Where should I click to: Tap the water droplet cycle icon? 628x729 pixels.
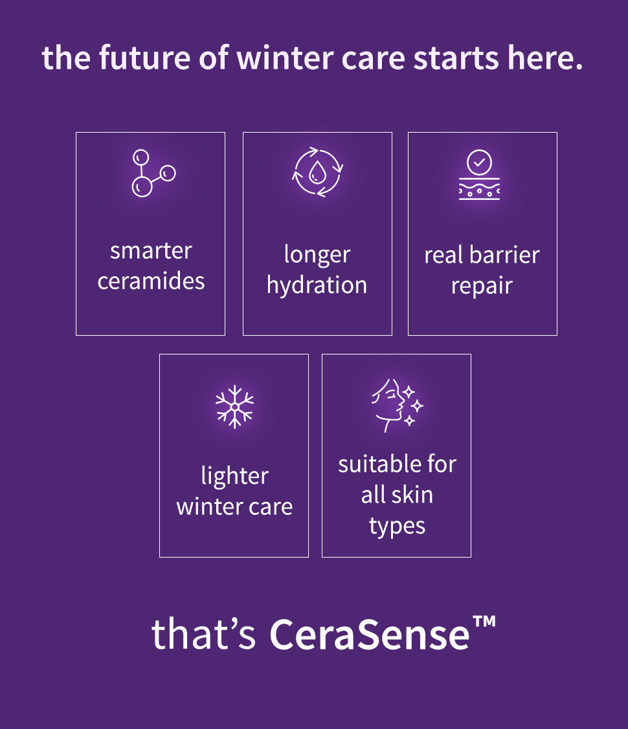pos(317,172)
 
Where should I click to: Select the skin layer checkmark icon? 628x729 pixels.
pos(479,175)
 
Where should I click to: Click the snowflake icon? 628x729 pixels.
pos(234,406)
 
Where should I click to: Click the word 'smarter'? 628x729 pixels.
pos(151,251)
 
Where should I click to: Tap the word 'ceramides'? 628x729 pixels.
pos(151,281)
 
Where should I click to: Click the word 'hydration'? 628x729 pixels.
pos(317,285)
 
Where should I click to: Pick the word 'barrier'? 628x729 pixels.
pos(504,256)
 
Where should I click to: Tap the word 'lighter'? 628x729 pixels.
pos(234,477)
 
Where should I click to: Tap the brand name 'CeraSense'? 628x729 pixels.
pos(370,634)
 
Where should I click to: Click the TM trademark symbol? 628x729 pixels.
pos(484,622)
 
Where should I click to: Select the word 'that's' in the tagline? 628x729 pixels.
pos(203,633)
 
